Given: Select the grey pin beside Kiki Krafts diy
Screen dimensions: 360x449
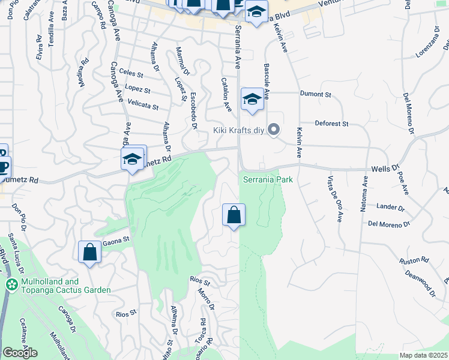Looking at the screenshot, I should [x=274, y=130].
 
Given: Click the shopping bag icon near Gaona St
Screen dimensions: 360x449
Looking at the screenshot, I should [x=89, y=252].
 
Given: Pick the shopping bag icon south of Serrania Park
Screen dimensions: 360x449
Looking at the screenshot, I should [x=234, y=215].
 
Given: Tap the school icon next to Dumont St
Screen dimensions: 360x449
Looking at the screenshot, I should [x=253, y=99].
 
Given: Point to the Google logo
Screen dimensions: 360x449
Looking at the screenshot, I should [x=20, y=353].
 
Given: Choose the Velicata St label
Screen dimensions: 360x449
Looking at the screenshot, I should [x=143, y=105].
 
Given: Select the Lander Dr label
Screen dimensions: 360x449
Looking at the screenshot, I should [x=390, y=207].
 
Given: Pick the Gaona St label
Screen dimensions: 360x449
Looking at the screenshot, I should [x=116, y=240].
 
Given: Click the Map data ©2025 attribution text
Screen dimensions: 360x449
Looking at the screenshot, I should [x=424, y=355].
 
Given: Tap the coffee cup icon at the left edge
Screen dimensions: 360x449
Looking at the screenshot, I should [x=2, y=166].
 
